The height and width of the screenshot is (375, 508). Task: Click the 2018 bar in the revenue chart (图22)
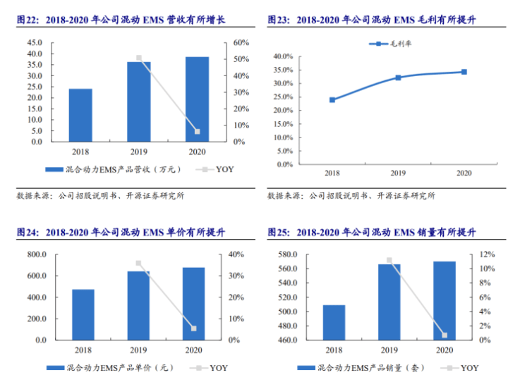[x=80, y=115]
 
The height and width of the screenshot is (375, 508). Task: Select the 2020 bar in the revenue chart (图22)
[x=198, y=99]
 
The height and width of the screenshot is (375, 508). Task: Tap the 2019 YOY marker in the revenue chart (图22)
[x=139, y=58]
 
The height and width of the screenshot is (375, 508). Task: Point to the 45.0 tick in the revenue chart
[x=35, y=42]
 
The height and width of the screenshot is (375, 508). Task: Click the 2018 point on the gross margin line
[x=332, y=99]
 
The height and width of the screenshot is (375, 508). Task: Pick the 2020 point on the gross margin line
[x=464, y=72]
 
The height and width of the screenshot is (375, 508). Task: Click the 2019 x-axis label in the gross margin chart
[x=398, y=173]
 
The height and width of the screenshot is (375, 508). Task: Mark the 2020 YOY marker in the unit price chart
[x=193, y=328]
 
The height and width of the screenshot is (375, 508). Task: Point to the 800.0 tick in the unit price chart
[x=37, y=254]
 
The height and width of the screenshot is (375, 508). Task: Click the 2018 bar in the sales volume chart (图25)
[x=334, y=322]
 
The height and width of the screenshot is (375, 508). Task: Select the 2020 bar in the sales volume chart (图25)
[x=445, y=301]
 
